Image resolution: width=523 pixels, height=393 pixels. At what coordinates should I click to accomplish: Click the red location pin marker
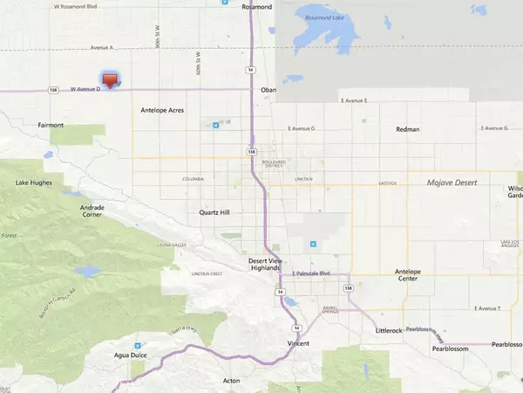click(109, 79)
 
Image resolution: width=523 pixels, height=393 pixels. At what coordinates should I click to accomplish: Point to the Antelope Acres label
click(163, 111)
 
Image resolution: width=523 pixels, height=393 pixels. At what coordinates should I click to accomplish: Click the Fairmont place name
click(51, 125)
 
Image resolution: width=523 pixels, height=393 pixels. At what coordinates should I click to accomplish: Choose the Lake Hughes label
click(34, 183)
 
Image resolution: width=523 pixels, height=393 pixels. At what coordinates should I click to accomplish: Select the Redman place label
click(407, 129)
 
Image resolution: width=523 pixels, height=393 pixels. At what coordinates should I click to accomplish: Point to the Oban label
click(268, 89)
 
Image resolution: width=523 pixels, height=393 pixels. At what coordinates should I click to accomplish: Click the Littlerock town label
click(389, 331)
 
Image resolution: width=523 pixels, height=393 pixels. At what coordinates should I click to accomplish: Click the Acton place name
click(232, 382)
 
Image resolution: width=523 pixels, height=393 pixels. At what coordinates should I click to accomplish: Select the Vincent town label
click(298, 344)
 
